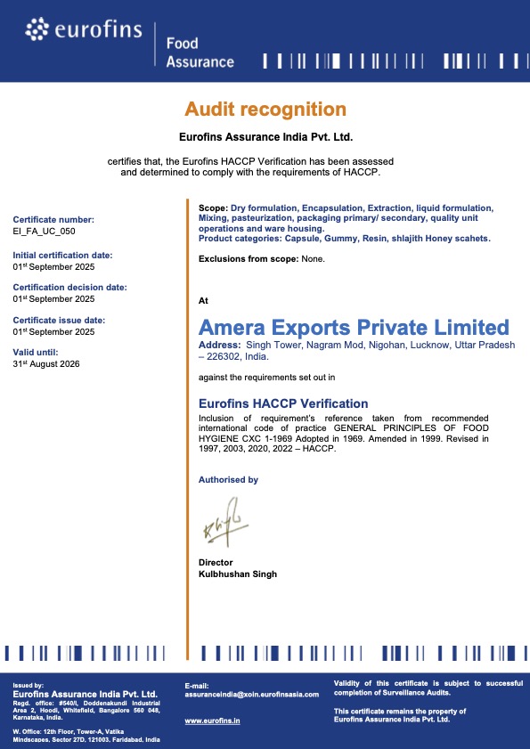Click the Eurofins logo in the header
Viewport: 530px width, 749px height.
[x=84, y=32]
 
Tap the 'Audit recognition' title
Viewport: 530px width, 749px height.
[x=265, y=110]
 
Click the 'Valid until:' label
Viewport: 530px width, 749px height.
[x=36, y=352]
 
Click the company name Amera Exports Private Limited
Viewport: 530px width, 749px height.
[x=354, y=327]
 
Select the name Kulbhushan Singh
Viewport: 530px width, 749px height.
[x=237, y=574]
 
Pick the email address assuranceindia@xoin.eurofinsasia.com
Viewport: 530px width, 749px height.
[x=251, y=694]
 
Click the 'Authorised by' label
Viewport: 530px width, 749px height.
[x=228, y=480]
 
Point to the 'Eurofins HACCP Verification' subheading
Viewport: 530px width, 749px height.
[x=282, y=403]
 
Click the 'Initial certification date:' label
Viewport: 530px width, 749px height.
[x=62, y=255]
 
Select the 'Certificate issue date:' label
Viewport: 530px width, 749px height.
[x=59, y=320]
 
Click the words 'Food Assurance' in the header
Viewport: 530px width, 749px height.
[x=200, y=53]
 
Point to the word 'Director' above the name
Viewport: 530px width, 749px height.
[x=216, y=563]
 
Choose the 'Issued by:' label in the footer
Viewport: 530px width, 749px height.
[x=29, y=686]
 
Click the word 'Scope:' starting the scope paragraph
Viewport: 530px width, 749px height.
[x=213, y=208]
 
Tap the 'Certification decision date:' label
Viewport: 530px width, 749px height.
[x=69, y=287]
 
